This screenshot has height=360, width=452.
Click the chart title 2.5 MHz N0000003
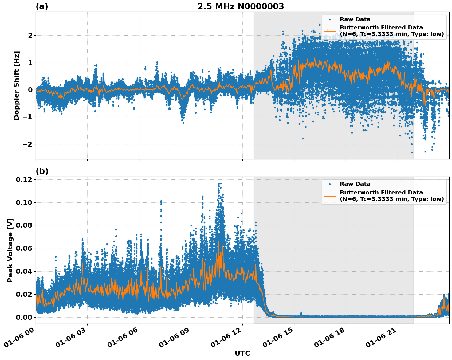[x=241, y=6]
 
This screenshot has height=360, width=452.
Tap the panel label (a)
[x=42, y=6]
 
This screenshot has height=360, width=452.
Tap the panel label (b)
[x=42, y=171]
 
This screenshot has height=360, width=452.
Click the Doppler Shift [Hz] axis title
[x=17, y=85]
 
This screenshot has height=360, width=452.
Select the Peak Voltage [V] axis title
[x=10, y=250]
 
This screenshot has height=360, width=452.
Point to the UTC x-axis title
[x=242, y=353]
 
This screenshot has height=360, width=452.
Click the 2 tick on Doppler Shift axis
[x=30, y=35]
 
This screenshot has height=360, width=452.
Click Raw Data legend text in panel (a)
[x=355, y=19]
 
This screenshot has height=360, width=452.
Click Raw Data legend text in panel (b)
[x=355, y=184]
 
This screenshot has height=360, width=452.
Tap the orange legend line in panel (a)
[x=330, y=31]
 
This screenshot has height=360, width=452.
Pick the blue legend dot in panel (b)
[x=330, y=184]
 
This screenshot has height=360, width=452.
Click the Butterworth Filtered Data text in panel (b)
[x=381, y=193]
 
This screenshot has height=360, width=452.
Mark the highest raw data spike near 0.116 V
[x=219, y=184]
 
